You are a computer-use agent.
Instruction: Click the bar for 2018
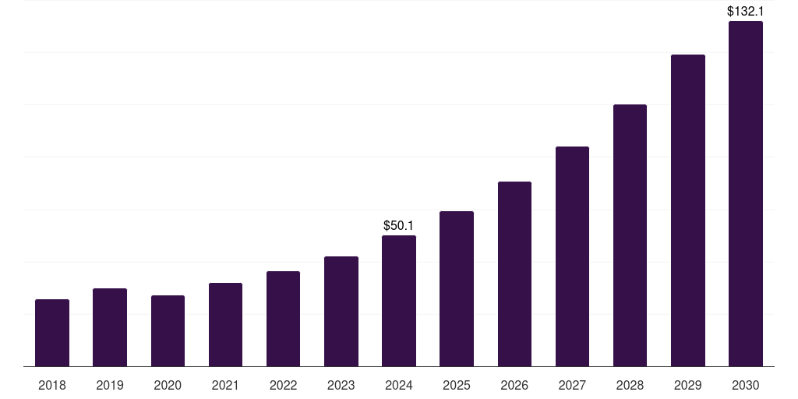click(52, 333)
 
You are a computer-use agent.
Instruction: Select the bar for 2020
click(168, 331)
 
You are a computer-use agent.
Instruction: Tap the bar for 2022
click(283, 319)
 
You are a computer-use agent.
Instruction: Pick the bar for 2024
click(399, 301)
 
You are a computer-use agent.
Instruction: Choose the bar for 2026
click(514, 274)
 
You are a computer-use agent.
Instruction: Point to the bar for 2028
click(630, 235)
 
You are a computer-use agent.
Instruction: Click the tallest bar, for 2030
click(746, 194)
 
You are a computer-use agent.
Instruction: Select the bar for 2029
click(688, 210)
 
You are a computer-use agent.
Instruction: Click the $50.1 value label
click(399, 226)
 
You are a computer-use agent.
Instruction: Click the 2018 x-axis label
click(52, 386)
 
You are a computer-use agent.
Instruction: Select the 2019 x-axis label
click(110, 386)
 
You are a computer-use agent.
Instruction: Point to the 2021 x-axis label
click(225, 386)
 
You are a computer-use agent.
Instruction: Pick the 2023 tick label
click(341, 386)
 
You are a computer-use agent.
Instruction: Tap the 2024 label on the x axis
click(399, 386)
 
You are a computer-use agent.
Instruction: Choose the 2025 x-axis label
click(457, 386)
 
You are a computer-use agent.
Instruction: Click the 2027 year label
click(572, 386)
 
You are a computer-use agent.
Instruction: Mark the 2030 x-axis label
click(746, 386)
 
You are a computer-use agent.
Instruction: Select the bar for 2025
click(457, 289)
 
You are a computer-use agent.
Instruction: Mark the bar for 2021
click(225, 325)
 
